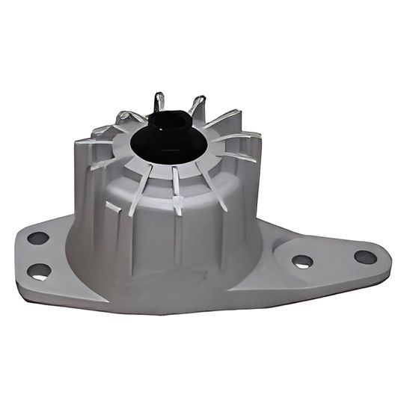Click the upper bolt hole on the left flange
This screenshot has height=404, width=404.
(x=37, y=239)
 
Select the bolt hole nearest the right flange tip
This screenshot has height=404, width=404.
(x=365, y=257)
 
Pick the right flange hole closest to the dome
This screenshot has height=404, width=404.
(x=302, y=261)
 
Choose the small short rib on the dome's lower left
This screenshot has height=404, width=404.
(x=113, y=206)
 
